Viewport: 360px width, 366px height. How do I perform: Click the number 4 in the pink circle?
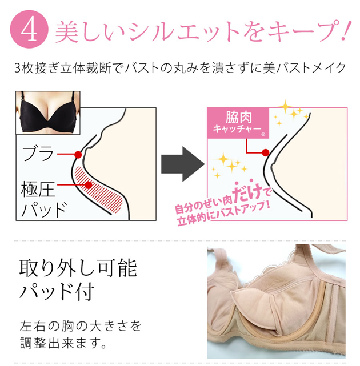pyautogui.click(x=29, y=29)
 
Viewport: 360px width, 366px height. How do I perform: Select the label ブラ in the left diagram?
pyautogui.click(x=38, y=154)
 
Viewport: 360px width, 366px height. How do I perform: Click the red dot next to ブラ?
pyautogui.click(x=78, y=154)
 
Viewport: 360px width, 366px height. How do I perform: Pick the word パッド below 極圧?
pyautogui.click(x=43, y=209)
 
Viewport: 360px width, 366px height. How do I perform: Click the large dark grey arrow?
pyautogui.click(x=182, y=163)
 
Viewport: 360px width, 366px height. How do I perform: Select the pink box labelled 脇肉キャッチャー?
pyautogui.click(x=237, y=122)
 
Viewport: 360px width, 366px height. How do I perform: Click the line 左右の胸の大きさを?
pyautogui.click(x=80, y=327)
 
